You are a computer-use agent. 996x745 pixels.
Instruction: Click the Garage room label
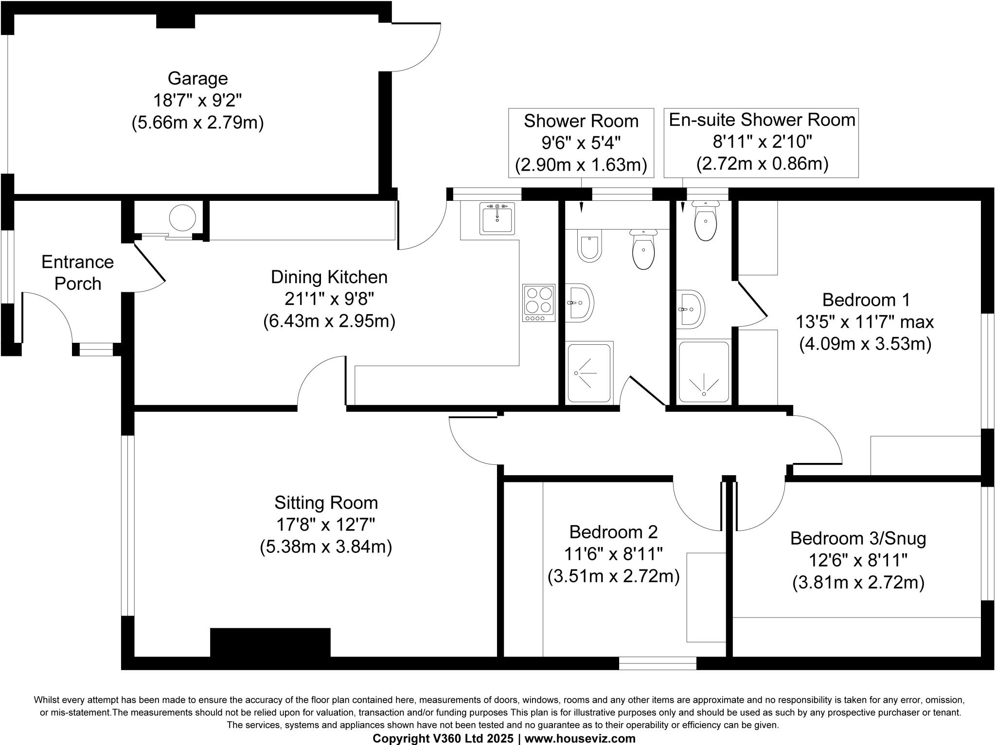[x=197, y=78]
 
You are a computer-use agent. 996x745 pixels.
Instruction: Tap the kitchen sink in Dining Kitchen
[x=497, y=219]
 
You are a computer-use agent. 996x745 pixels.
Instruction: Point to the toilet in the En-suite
[x=705, y=222]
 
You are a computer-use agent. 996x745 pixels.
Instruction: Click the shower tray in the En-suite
[x=704, y=372]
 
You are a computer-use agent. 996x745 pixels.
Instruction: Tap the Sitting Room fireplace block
[x=270, y=642]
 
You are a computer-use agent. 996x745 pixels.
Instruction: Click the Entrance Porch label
[x=77, y=273]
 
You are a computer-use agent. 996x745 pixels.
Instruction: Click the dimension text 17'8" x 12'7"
[x=325, y=525]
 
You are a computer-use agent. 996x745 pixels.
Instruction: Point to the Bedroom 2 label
[x=613, y=532]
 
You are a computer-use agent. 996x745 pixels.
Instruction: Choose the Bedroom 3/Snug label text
[x=858, y=538]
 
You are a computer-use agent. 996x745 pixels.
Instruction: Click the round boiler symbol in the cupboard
[x=182, y=218]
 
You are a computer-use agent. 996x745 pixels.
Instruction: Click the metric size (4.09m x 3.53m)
[x=865, y=344]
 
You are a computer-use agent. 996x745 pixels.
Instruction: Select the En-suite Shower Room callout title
[x=762, y=120]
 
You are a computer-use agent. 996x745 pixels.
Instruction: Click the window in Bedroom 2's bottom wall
[x=658, y=663]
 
